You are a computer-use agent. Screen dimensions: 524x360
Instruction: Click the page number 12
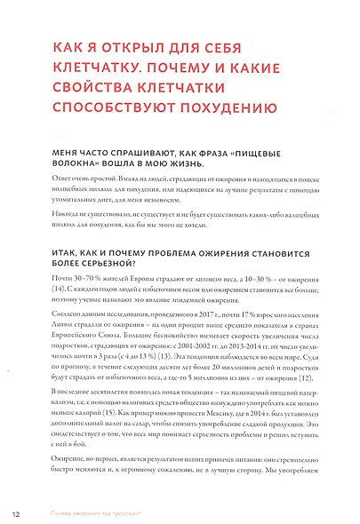16,512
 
